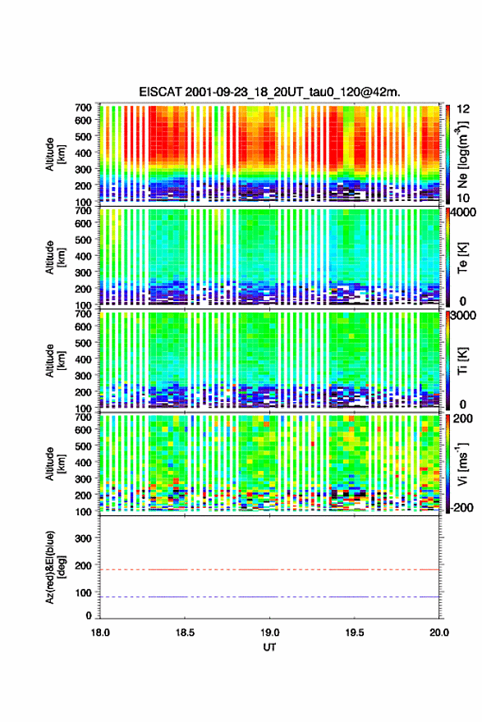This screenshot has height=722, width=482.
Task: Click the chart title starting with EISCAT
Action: [269, 92]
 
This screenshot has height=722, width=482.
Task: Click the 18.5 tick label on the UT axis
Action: [185, 633]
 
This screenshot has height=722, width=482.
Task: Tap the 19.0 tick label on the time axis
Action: [269, 633]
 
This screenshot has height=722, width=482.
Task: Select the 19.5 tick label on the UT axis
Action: [355, 633]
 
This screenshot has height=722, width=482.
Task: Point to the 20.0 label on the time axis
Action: [439, 633]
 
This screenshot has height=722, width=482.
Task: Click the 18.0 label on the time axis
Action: [100, 633]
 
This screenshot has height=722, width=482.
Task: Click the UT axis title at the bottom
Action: [269, 647]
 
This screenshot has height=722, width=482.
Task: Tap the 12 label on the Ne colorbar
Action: [464, 109]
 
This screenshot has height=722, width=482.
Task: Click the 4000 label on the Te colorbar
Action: [464, 213]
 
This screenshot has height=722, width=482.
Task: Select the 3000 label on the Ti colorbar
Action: [464, 315]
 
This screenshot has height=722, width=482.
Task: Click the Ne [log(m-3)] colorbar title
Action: [463, 155]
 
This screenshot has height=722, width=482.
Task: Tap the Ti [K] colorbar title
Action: [463, 361]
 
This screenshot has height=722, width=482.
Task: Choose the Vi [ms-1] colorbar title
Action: [462, 464]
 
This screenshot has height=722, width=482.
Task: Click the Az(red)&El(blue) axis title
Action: [54, 567]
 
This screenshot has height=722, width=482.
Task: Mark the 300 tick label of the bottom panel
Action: [84, 538]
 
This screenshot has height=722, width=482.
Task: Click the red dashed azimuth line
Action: [269, 569]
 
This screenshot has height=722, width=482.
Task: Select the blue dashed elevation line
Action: [269, 596]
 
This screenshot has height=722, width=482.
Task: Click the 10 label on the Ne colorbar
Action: [464, 199]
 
